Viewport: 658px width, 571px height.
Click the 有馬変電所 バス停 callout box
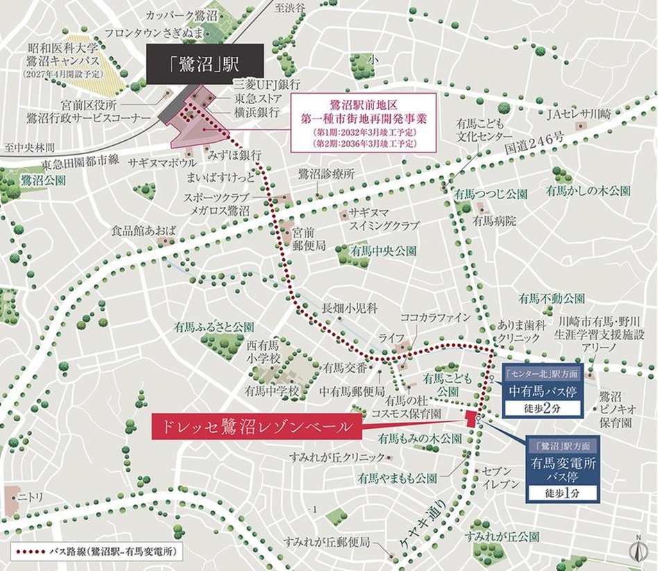(x=562, y=469)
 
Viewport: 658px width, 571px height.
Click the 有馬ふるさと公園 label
(x=214, y=326)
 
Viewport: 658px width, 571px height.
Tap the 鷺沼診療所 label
(x=326, y=173)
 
